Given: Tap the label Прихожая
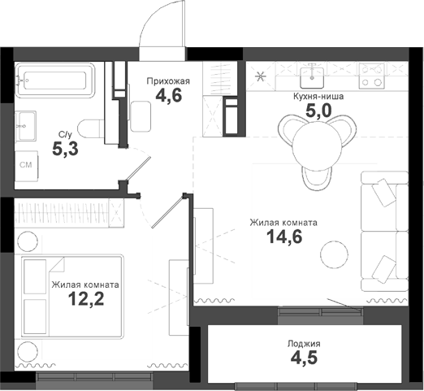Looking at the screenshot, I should (167, 80).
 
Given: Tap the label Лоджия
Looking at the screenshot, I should (304, 344).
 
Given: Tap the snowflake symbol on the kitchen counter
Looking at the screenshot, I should (261, 77).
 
